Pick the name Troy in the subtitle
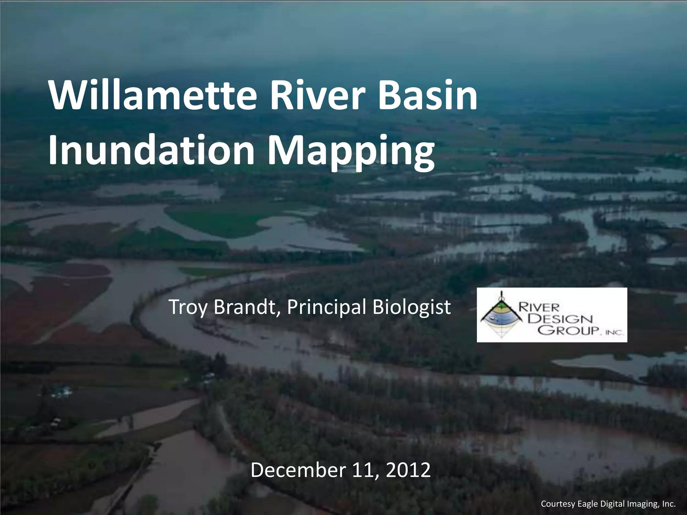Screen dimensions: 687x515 pyautogui.click(x=189, y=307)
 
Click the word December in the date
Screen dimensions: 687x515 pyautogui.click(x=298, y=470)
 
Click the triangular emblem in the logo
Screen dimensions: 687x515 pyautogui.click(x=501, y=316)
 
